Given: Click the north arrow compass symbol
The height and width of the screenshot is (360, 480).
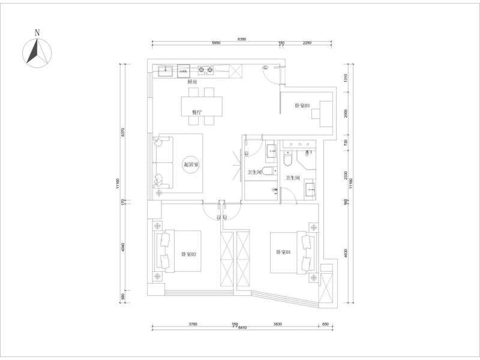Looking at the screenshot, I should click(x=37, y=50).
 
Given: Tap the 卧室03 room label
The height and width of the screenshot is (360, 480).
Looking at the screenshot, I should click(x=302, y=106).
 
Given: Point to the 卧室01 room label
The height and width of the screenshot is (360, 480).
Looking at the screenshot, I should click(x=283, y=253).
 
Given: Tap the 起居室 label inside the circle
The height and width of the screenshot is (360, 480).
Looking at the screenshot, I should click(x=192, y=164).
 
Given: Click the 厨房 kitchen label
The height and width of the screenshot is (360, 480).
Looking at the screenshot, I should click(x=191, y=81).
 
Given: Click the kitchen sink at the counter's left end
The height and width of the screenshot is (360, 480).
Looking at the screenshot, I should click(x=165, y=71).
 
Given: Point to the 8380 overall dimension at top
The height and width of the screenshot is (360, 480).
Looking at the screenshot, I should click(x=241, y=39).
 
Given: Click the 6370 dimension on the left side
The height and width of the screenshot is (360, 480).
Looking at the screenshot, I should click(x=122, y=133).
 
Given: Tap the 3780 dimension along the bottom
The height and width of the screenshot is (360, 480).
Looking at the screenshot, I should click(x=193, y=324).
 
